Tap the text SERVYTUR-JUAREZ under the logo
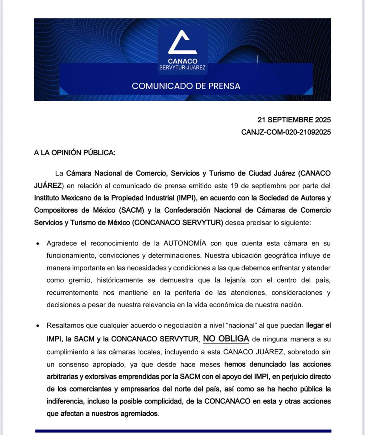pos(182,67)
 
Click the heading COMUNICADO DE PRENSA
pos(186,86)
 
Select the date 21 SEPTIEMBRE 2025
pos(294,120)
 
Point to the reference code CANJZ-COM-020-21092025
pos(286,132)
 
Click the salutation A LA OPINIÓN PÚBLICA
pos(75,153)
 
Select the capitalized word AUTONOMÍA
pos(185,243)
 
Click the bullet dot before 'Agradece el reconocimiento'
pos(38,244)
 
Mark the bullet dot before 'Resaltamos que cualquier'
pos(38,326)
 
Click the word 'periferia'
pos(187,293)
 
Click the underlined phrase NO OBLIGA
pos(226,339)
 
